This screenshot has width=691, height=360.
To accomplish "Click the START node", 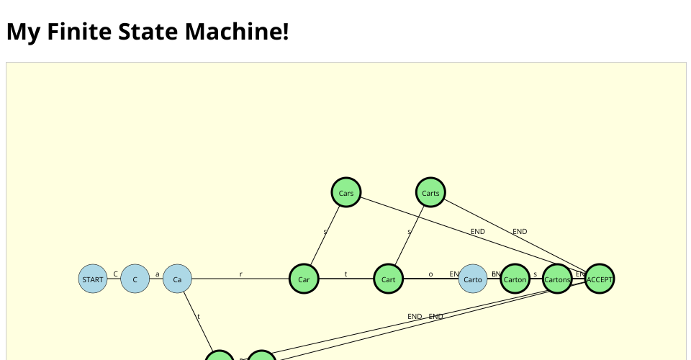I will point(93,279).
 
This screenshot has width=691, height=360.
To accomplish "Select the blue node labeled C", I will point(135,279).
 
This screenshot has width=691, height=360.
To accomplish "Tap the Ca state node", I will point(177,279).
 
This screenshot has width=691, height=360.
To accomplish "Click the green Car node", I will point(304,279).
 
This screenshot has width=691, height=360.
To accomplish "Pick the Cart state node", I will point(389,279).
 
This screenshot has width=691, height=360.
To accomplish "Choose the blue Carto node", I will point(473,279).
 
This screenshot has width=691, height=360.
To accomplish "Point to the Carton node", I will point(515,279).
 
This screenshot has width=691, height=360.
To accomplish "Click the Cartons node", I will point(557,279).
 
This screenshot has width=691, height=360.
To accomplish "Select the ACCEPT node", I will point(600,279).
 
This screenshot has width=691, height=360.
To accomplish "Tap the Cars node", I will point(346,193).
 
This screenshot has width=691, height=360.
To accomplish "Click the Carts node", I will point(430,193).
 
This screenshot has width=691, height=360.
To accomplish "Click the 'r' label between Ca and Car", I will point(240,274).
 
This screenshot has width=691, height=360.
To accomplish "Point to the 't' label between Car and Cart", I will point(346,274).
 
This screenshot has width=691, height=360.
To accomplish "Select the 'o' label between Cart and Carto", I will point(430,274).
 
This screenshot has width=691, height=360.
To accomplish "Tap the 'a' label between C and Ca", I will point(158,274).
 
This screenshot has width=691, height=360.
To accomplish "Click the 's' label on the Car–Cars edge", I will point(325,232).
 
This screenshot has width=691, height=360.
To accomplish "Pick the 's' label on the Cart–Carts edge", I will point(410,232).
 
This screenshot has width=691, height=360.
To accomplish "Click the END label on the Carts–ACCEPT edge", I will point(520,232).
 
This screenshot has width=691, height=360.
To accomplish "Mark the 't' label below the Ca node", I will point(199,317).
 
